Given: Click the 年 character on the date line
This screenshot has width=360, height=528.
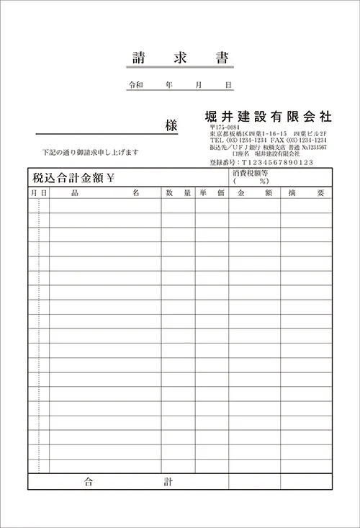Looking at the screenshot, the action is click(168, 85).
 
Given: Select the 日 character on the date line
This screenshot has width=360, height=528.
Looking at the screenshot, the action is click(228, 85).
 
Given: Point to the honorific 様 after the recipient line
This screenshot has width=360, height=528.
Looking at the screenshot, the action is click(171, 125).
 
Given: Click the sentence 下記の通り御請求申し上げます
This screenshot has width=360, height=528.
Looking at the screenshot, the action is click(90, 153).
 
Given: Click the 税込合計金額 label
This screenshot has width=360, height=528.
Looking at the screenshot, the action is click(68, 178).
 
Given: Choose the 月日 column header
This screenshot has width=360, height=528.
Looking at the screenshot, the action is click(38, 193).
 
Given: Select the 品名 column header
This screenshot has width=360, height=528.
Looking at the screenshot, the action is click(104, 193).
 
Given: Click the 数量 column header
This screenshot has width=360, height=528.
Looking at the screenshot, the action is click(178, 193).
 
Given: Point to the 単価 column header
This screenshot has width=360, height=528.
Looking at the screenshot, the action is click(212, 193).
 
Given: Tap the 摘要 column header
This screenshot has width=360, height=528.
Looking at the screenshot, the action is click(306, 193).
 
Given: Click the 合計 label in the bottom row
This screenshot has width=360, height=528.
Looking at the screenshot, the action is click(127, 480).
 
